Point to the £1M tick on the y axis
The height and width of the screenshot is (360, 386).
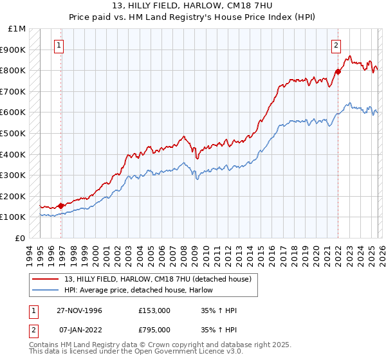click(x=17, y=29)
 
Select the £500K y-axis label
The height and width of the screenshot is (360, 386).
click(x=14, y=134)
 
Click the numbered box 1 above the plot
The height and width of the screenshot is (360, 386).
click(x=59, y=45)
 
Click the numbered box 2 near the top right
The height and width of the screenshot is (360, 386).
click(x=336, y=45)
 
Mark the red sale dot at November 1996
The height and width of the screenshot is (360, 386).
click(x=61, y=206)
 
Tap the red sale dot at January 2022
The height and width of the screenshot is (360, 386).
click(x=338, y=71)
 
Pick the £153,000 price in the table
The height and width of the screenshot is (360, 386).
click(x=154, y=310)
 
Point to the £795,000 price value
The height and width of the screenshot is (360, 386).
click(x=154, y=330)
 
